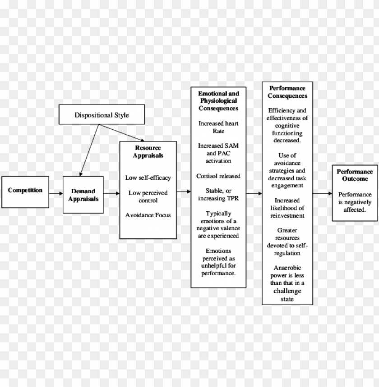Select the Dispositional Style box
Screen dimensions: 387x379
click(102, 115)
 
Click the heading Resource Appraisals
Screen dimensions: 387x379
click(148, 152)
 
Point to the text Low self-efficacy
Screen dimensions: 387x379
click(148, 178)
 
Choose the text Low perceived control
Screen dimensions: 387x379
click(148, 196)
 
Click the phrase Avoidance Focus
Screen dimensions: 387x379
click(148, 215)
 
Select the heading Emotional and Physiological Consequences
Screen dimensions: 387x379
click(219, 101)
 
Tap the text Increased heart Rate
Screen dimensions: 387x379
click(219, 127)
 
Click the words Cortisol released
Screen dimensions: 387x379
click(219, 176)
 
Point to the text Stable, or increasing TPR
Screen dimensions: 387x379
click(219, 194)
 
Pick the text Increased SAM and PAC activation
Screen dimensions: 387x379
click(219, 153)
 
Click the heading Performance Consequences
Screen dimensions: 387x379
click(287, 92)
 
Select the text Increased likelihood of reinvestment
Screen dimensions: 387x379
click(287, 208)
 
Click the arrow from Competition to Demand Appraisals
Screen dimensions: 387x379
click(56, 193)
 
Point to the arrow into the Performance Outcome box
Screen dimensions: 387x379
click(322, 194)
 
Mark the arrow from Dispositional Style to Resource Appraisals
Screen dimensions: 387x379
click(123, 133)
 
